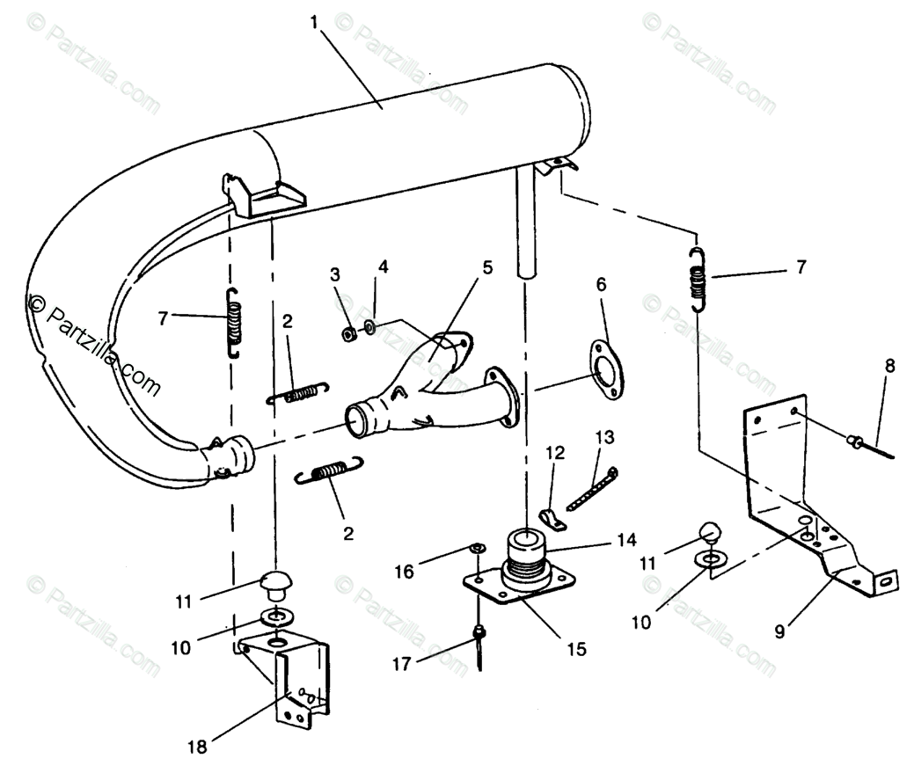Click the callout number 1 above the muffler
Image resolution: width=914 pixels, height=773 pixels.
click(314, 22)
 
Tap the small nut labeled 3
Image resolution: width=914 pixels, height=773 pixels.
click(348, 333)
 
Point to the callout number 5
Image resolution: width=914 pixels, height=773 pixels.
click(486, 266)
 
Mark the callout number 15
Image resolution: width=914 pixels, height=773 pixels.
click(576, 650)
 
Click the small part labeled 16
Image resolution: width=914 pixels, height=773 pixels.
click(475, 550)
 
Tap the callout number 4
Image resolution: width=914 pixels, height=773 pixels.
click(383, 266)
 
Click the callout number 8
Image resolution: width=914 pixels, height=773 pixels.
click(890, 365)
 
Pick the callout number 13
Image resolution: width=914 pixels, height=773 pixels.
click(604, 437)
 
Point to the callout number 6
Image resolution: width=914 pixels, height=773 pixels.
click(601, 284)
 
